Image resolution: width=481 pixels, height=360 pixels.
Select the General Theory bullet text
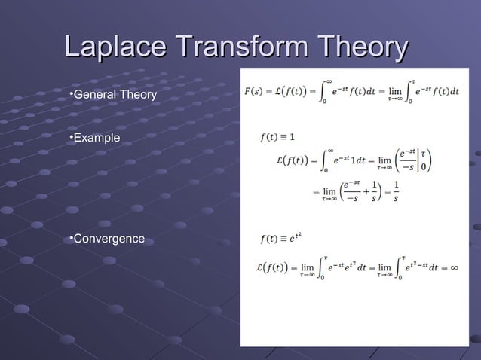114,95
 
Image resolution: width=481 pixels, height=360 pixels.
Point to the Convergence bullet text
108,239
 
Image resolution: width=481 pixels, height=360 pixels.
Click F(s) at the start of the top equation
255,92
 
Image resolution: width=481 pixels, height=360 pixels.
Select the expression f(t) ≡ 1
277,137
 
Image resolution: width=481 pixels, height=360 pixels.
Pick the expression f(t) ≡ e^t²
280,239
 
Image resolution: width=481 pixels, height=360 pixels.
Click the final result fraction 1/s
397,191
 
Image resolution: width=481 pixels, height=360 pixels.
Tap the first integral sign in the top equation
325,91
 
